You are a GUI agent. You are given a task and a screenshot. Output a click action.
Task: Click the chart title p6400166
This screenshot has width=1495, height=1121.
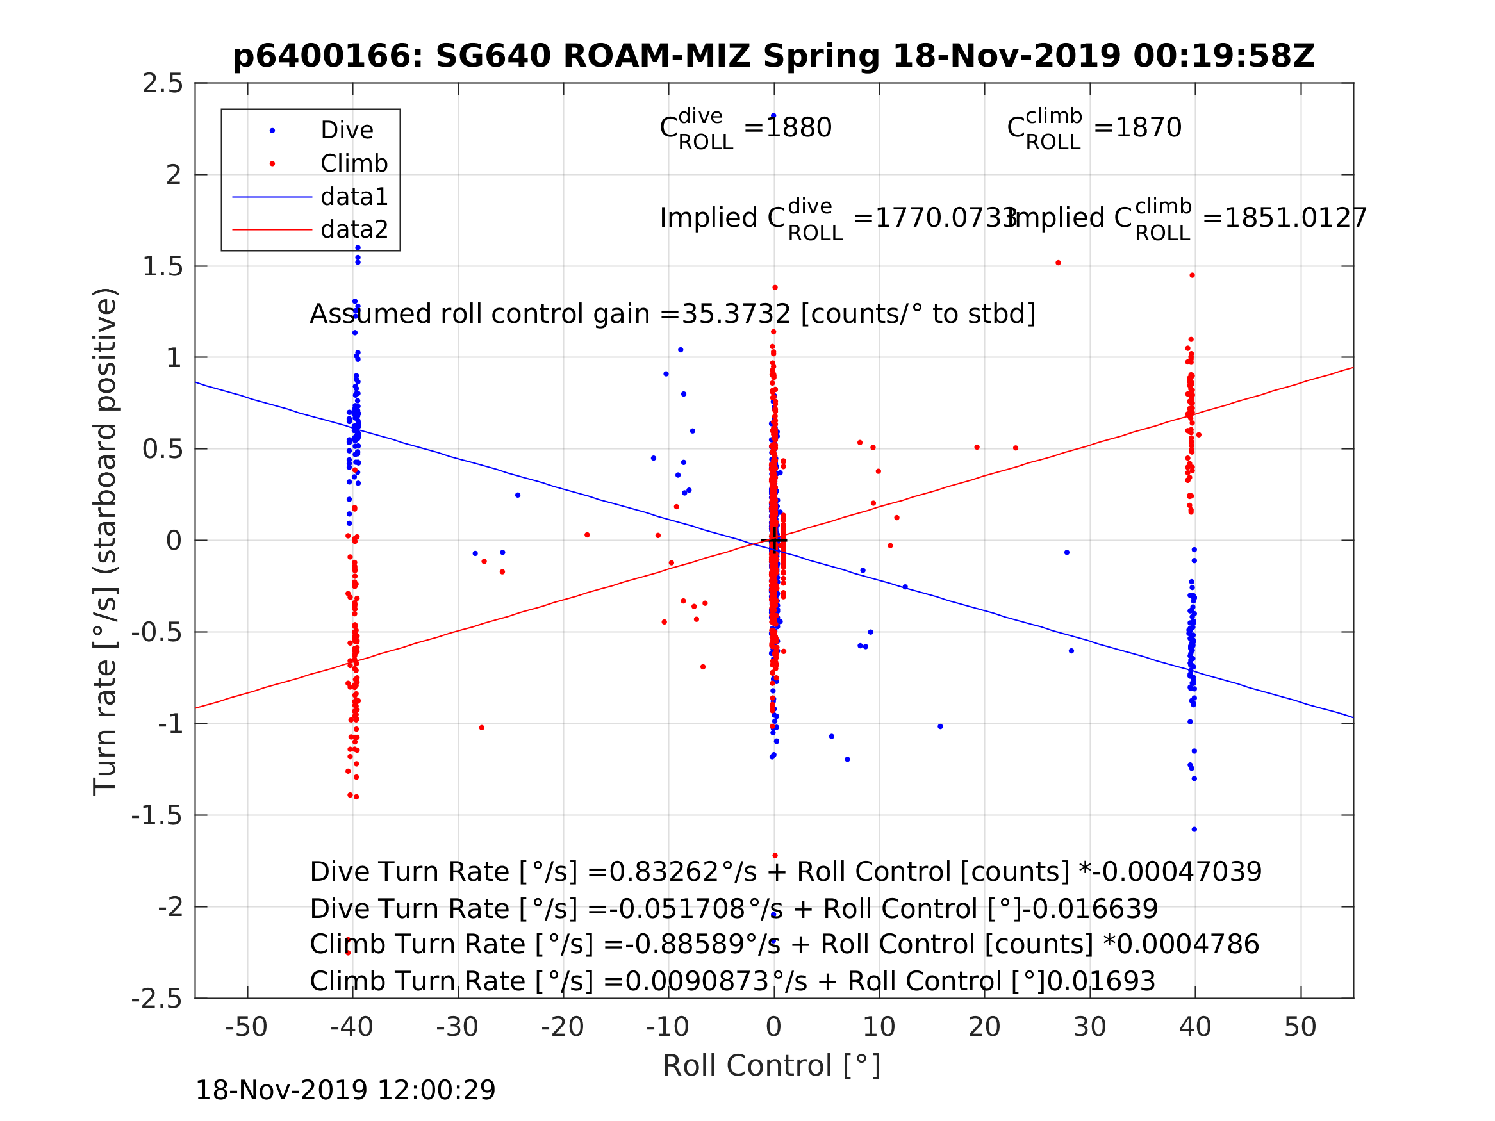773,56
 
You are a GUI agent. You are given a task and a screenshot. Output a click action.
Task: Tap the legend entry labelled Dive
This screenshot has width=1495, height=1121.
346,131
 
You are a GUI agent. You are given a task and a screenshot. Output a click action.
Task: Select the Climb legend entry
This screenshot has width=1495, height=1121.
354,163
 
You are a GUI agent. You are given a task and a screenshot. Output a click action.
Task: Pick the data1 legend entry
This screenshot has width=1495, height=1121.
354,197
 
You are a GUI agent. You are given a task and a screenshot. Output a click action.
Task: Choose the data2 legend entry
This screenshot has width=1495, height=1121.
354,230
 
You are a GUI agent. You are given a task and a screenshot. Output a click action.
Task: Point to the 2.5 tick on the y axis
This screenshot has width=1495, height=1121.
163,84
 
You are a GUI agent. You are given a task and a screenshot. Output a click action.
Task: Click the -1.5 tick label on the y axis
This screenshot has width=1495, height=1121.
158,816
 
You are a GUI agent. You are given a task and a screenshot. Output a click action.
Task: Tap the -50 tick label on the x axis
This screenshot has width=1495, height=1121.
246,1027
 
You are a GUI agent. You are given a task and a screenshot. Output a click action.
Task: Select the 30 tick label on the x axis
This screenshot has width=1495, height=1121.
1089,1027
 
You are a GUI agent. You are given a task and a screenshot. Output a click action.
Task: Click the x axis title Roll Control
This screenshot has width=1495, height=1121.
771,1066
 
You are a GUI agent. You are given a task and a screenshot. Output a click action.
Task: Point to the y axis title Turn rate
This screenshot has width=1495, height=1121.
106,541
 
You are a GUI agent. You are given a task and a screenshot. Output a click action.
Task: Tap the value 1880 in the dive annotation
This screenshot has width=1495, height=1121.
798,127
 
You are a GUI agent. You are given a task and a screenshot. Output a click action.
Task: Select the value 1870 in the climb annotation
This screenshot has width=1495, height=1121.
1148,127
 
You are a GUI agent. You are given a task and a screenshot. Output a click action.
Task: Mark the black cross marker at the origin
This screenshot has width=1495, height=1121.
774,541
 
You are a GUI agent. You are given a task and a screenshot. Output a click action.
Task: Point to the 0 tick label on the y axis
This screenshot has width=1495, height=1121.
174,541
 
